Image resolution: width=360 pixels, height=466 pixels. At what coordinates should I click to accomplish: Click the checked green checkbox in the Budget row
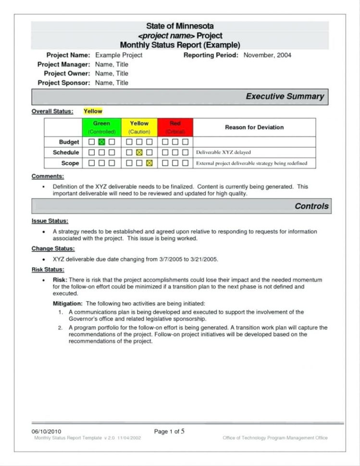[101, 142]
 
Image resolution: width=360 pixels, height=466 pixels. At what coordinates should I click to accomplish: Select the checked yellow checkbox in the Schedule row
[139, 152]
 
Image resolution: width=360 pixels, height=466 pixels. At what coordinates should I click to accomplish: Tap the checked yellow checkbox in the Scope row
[149, 163]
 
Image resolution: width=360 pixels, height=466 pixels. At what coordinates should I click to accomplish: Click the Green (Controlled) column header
[102, 127]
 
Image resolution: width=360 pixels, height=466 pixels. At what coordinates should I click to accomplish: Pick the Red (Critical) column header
[175, 127]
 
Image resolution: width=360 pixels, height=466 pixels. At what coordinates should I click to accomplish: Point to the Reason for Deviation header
[254, 127]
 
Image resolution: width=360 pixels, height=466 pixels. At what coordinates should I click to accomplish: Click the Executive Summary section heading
[285, 97]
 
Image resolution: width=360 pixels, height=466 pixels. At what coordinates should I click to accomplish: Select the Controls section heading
[311, 206]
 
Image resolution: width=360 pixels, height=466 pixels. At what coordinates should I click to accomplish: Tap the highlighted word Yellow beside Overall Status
[93, 111]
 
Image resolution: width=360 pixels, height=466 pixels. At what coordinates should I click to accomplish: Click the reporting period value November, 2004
[267, 55]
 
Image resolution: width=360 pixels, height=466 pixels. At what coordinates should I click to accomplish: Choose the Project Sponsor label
[63, 83]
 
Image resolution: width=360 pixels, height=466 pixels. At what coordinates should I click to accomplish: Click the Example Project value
[119, 55]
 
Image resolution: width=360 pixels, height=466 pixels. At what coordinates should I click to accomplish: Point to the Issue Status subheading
[50, 221]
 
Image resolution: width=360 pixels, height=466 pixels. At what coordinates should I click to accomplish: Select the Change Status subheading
[53, 248]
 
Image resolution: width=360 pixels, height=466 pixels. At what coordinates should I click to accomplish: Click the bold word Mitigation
[67, 304]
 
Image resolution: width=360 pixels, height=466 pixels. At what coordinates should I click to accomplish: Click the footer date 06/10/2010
[47, 431]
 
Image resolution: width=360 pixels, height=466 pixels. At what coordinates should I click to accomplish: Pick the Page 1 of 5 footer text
[169, 431]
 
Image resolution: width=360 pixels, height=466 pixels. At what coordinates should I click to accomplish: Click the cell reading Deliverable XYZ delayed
[223, 152]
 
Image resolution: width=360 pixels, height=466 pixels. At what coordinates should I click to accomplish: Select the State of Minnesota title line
[180, 26]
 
